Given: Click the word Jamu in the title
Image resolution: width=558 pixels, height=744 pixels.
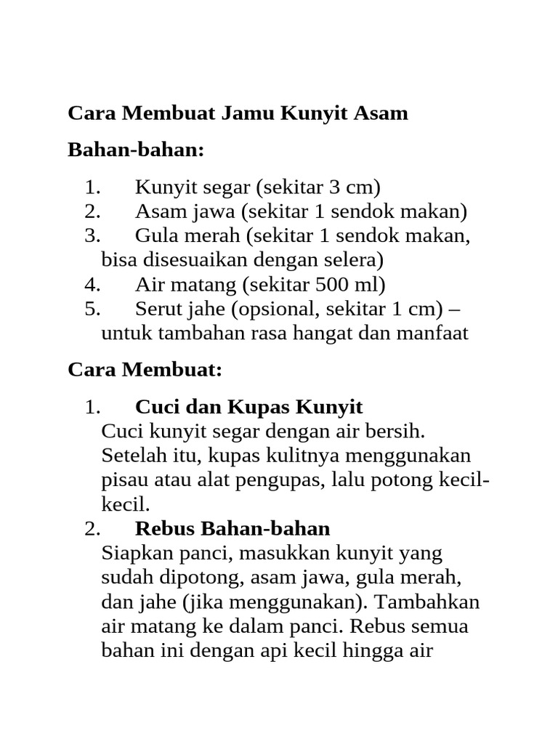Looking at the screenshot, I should click(x=247, y=114).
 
